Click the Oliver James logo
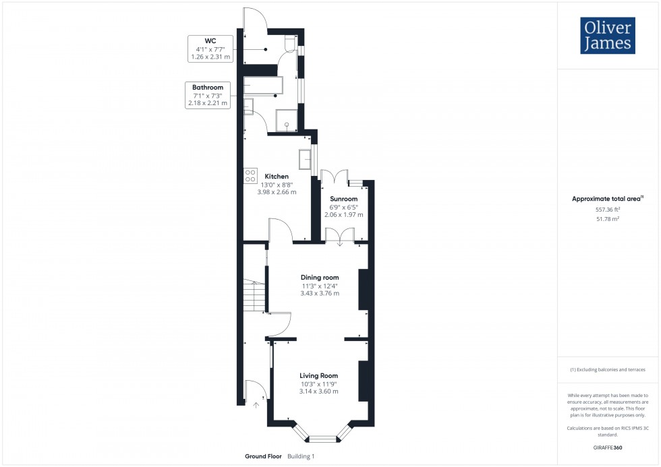pyautogui.click(x=607, y=36)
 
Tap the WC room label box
pyautogui.click(x=211, y=49)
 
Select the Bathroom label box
pyautogui.click(x=208, y=96)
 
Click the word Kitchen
pyautogui.click(x=277, y=177)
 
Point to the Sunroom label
pyautogui.click(x=343, y=199)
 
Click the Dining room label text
pyautogui.click(x=319, y=277)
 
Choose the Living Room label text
pyautogui.click(x=319, y=375)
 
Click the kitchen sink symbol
pyautogui.click(x=304, y=159)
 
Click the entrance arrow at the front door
pyautogui.click(x=256, y=404)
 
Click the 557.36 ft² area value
pyautogui.click(x=607, y=210)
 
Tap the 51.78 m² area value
pyautogui.click(x=607, y=219)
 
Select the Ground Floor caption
pyautogui.click(x=263, y=456)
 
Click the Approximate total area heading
pyautogui.click(x=607, y=198)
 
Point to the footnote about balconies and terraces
pyautogui.click(x=607, y=369)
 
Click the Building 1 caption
pyautogui.click(x=301, y=456)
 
